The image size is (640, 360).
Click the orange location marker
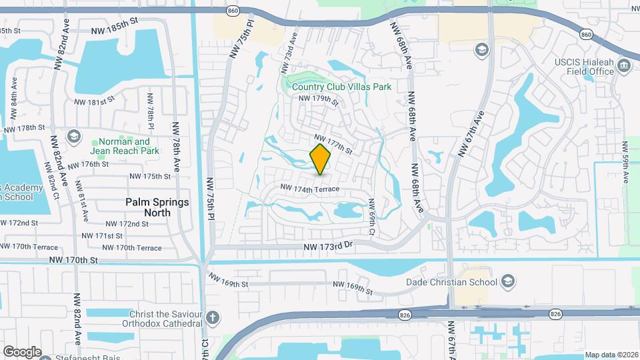321,159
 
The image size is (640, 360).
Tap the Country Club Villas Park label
346,87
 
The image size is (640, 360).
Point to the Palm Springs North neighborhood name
157,207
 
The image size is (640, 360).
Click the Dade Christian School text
452,281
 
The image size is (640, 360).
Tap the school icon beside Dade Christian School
509,280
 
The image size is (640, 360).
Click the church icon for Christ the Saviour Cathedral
213,317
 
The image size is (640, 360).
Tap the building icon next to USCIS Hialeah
624,65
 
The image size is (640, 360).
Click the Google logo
22,351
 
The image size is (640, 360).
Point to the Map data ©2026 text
611,355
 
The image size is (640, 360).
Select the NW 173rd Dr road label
327,247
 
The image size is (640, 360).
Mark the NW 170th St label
77,260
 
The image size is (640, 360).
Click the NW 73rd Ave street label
288,59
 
